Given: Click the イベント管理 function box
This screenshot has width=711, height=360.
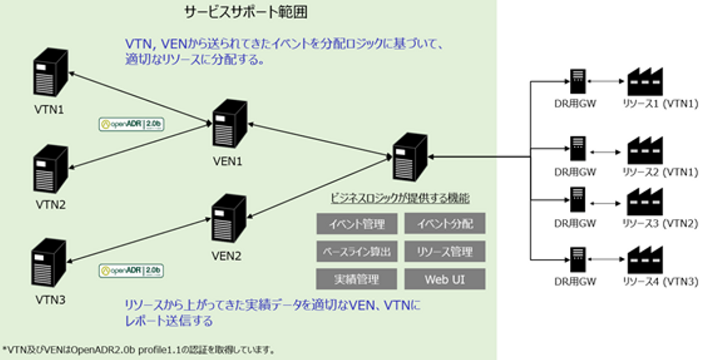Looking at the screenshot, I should click(357, 224).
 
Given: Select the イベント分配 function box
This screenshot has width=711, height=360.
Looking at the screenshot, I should click(445, 224).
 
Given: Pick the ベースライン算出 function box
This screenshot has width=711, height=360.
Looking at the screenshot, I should click(357, 252).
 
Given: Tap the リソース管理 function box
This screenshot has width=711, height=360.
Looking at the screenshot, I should click(445, 252).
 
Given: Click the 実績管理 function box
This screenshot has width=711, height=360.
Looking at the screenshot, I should click(357, 280).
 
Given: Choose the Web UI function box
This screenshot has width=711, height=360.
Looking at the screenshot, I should click(445, 280).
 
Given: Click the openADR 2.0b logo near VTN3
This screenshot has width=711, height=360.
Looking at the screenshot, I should click(131, 271).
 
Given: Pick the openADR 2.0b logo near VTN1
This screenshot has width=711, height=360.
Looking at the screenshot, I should click(131, 124).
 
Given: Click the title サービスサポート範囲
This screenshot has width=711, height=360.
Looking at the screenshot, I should click(246, 12).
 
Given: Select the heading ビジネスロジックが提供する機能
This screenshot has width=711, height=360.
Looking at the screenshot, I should click(399, 199).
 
